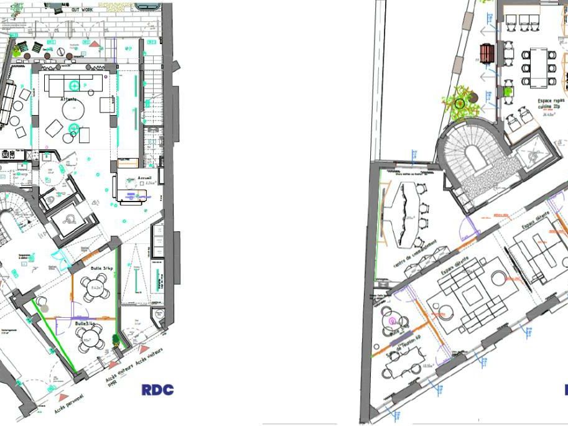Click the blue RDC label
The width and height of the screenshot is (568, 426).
pos(157,390)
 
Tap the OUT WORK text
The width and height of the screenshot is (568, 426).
pos(82,10)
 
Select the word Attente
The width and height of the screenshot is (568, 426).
pos(69,100)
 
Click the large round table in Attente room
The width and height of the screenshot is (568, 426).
pos(73,110)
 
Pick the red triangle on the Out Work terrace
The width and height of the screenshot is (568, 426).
pos(94,44)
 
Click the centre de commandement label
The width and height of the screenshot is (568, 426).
pos(414,255)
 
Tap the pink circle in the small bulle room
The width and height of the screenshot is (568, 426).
pos(393,321)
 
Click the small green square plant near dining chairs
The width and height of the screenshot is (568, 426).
pos(508,91)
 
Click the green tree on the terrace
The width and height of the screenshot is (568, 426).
pos(460,103)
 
